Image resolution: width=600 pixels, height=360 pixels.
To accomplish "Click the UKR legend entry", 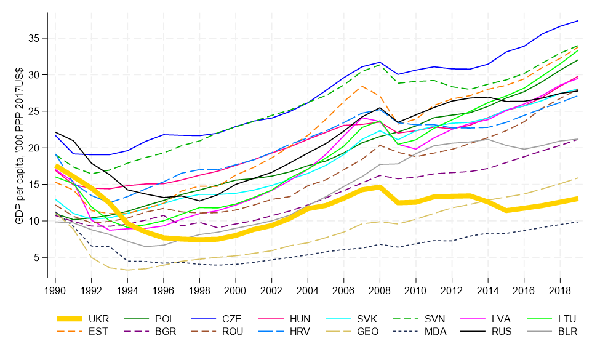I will tap(98, 319).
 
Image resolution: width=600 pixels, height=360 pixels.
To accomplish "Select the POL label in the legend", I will tap(165, 319).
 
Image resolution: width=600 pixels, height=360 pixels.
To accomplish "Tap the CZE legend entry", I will tap(231, 319).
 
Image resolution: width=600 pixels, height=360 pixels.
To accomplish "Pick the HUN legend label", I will tap(300, 319).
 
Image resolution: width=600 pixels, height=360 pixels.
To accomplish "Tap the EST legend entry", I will tap(98, 332).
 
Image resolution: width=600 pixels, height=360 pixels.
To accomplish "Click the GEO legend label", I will tap(367, 332).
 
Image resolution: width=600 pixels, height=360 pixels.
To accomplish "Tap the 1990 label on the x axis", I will tap(56, 289).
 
